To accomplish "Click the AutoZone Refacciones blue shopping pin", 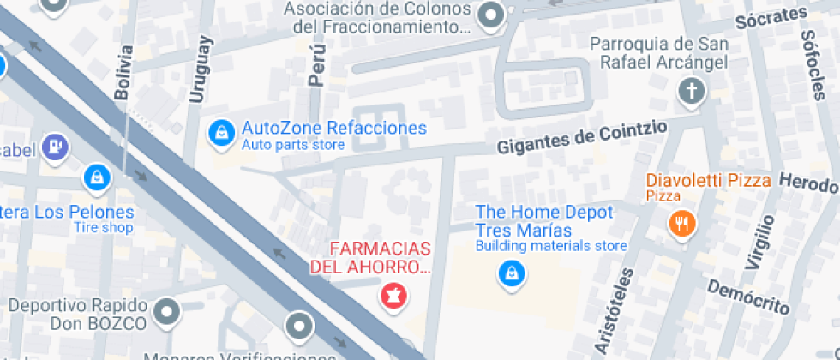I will coord(222,133).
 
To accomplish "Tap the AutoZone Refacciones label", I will coord(333,129).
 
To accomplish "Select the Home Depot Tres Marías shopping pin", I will coord(512,273).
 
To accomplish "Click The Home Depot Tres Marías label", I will coord(544,221).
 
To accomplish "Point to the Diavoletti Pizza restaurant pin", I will coord(682,224).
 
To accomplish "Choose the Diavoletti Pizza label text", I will coord(708,181).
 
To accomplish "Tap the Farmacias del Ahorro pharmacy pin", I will coord(393,296).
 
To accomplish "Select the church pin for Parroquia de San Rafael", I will coord(690,91).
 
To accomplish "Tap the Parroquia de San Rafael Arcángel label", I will coord(659,53).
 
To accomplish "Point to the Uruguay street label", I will coord(199,69).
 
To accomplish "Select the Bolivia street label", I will coord(125,72).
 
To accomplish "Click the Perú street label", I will coord(318,67).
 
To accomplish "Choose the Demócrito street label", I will coord(747,294).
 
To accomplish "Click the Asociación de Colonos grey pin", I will coord(491,15).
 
